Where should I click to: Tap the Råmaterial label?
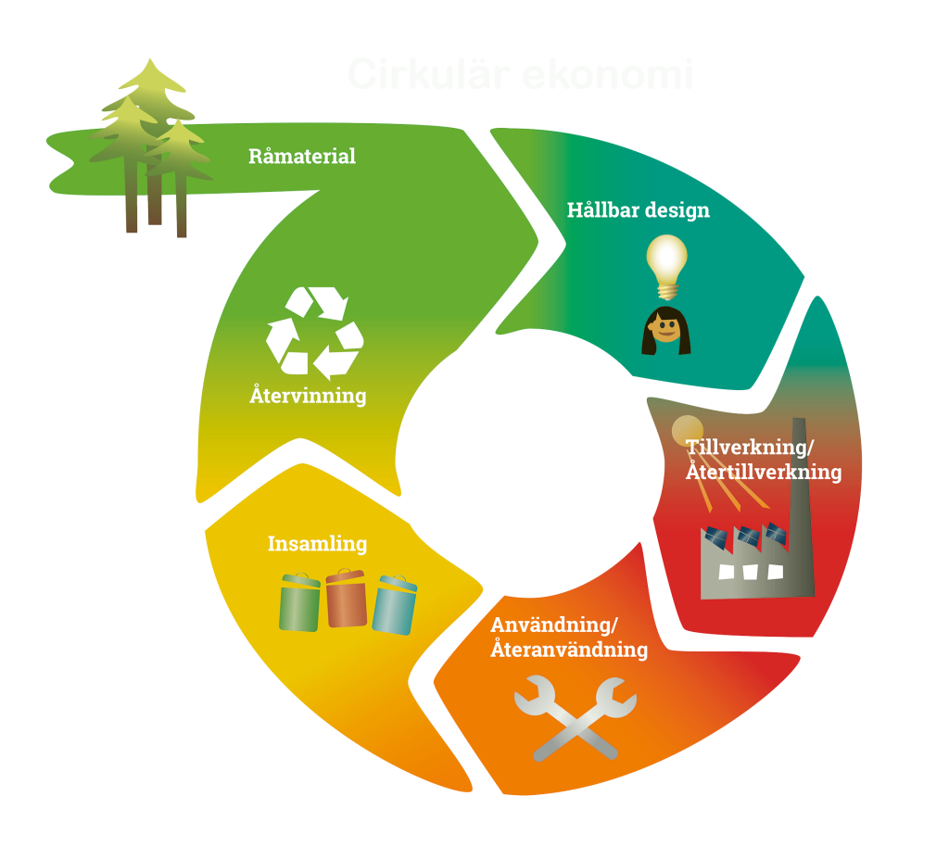point(302,156)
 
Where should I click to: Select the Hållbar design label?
point(638,209)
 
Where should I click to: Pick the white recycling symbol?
point(314,333)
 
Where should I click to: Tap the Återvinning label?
point(308,396)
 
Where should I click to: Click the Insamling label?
point(317,543)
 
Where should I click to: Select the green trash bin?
point(300,602)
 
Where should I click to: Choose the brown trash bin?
point(347,599)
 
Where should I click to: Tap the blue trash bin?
point(395,605)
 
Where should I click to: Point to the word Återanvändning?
point(569,650)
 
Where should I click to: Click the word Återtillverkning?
point(764,472)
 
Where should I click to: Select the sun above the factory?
point(688,430)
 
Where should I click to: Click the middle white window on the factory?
point(752,571)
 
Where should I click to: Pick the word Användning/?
point(553,623)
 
